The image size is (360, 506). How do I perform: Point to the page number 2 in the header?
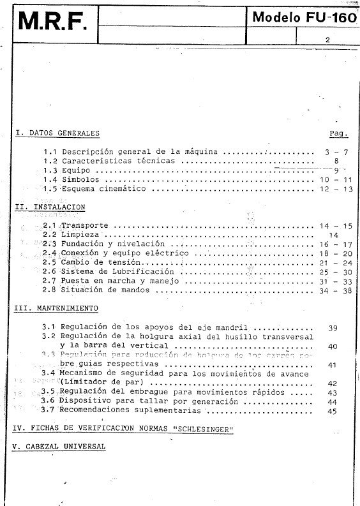(327, 40)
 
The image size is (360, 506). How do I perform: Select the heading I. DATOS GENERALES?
(57, 133)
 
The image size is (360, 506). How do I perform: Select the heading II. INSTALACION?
(50, 207)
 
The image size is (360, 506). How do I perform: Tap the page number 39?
(332, 328)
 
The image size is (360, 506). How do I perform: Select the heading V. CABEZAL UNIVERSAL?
(59, 447)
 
